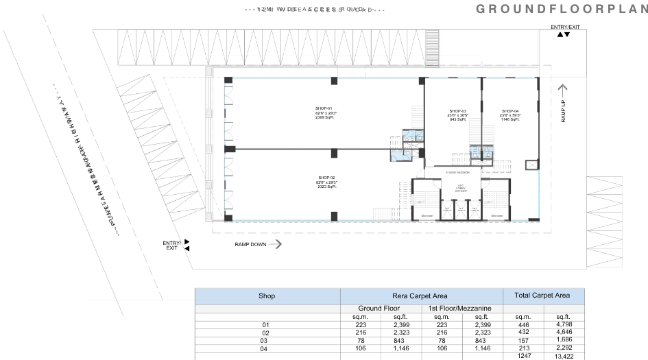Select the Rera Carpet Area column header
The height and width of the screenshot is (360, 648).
coord(421,296)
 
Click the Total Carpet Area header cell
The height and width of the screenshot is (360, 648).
coord(543,296)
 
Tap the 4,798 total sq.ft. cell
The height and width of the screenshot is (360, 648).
coord(564,324)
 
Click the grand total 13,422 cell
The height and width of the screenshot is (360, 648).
coord(564,357)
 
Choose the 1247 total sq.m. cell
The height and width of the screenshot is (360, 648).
coord(523,357)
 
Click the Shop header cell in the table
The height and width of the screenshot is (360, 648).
coord(267,296)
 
